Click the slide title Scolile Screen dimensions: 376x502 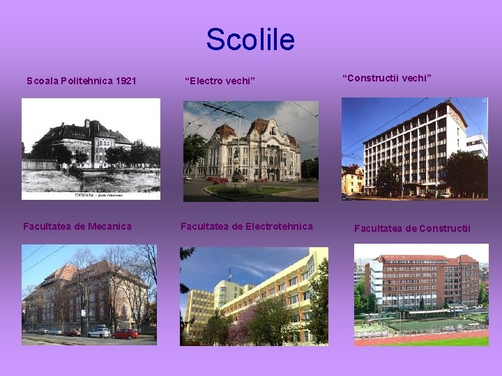(250, 40)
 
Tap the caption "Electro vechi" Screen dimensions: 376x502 (220, 81)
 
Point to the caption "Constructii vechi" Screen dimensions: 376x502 (387, 78)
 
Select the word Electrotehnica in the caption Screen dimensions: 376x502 (277, 226)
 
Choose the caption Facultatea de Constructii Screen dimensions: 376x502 (412, 228)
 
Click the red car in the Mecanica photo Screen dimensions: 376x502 (125, 334)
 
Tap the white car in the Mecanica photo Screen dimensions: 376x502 (98, 332)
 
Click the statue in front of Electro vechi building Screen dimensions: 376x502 (237, 171)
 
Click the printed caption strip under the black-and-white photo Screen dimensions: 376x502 (91, 196)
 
